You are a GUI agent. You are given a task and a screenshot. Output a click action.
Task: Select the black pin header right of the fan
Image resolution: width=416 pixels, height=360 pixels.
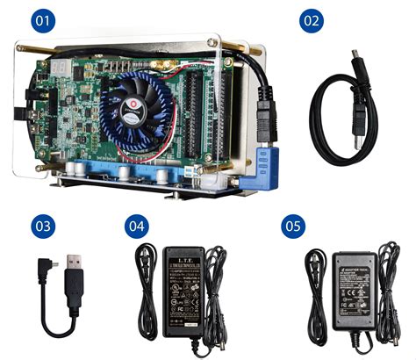198,105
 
